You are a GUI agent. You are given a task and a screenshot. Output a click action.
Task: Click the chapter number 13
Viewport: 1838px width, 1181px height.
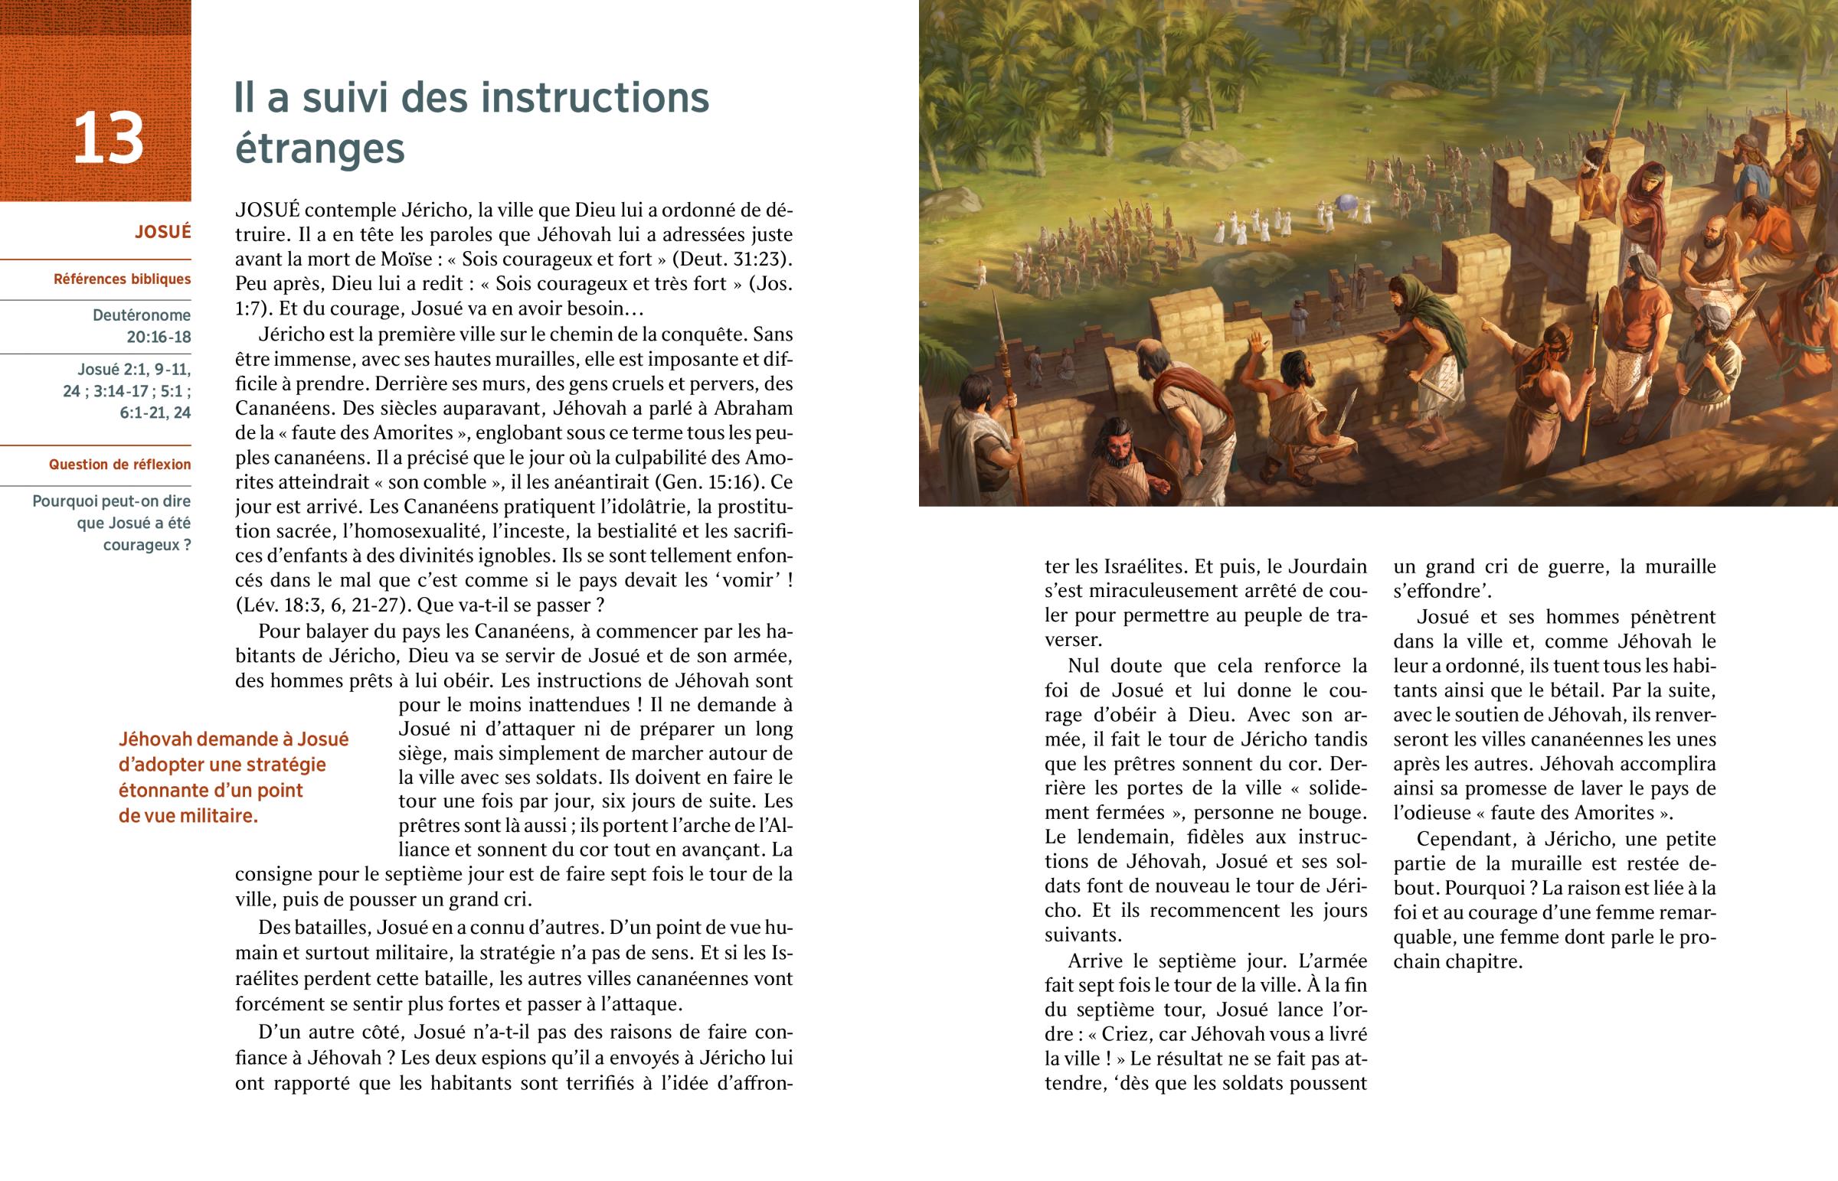tap(108, 138)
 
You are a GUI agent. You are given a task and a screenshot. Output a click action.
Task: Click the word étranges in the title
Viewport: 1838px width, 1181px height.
tap(319, 148)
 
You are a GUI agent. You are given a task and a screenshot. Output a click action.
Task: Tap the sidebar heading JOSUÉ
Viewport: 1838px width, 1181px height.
tap(162, 233)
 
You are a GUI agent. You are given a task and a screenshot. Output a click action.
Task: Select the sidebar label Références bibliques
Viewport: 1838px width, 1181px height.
tap(122, 279)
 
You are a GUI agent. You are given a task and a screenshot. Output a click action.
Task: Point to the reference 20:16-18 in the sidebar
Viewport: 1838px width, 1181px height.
tap(159, 338)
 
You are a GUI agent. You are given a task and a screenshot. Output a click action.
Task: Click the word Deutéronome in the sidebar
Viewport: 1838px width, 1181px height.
tap(142, 315)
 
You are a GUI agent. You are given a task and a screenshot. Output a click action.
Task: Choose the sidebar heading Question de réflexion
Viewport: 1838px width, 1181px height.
tap(119, 465)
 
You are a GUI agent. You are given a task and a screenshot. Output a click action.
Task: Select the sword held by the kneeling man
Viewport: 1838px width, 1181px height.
tap(1344, 411)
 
